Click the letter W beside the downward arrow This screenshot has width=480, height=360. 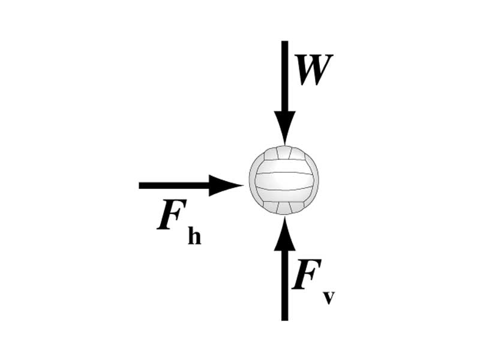[313, 70]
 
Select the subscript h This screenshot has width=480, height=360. [194, 236]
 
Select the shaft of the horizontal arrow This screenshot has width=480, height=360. [174, 185]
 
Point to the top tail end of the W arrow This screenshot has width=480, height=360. [284, 43]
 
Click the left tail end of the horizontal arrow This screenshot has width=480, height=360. [141, 185]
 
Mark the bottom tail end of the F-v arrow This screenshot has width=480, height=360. [284, 318]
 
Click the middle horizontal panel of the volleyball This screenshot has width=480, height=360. [284, 181]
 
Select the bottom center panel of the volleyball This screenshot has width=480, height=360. [284, 207]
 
